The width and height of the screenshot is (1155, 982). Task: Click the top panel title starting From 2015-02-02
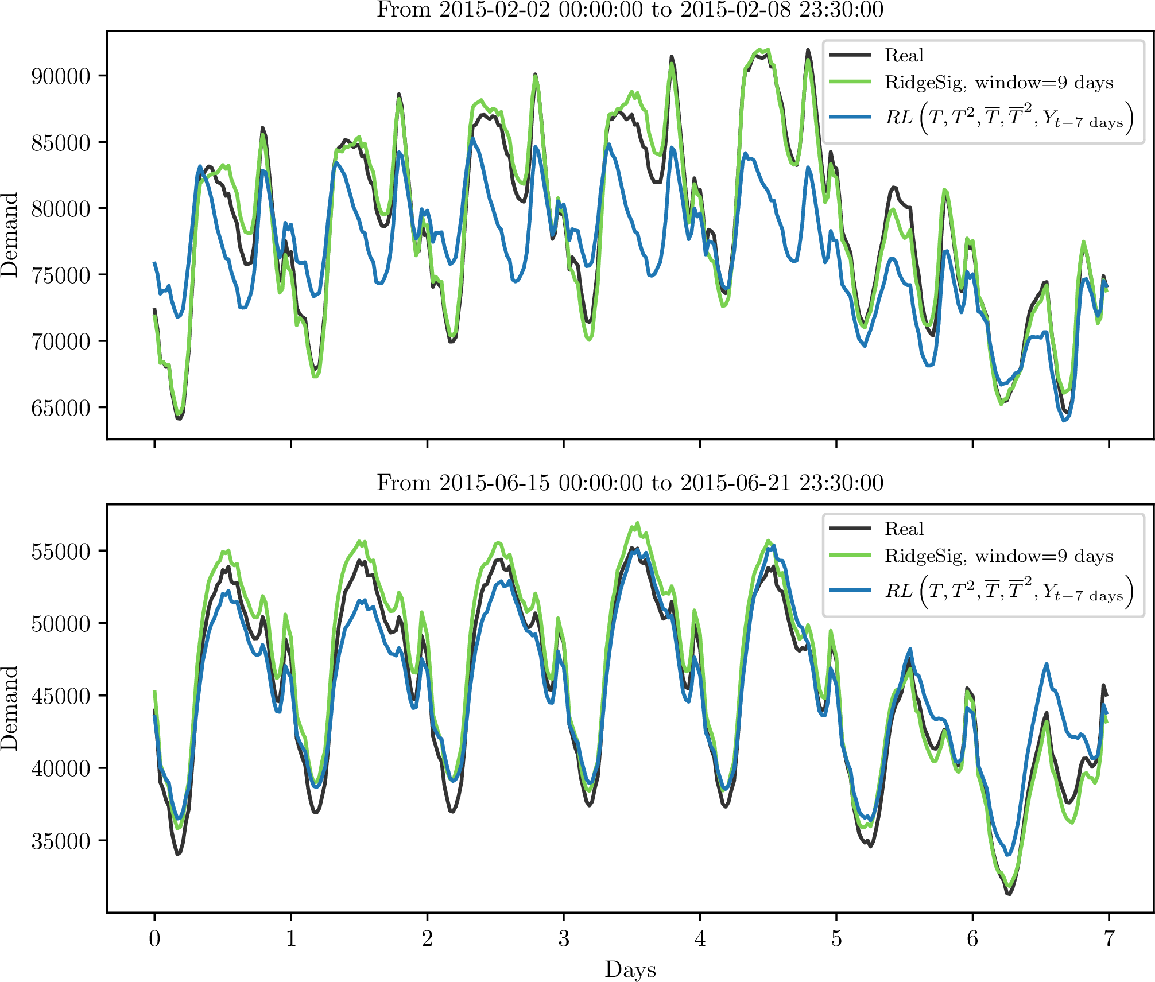(x=630, y=10)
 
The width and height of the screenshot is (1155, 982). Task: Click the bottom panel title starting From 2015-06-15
(x=630, y=483)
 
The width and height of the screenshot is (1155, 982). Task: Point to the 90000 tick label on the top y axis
(x=61, y=76)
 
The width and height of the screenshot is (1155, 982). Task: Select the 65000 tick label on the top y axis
(x=61, y=408)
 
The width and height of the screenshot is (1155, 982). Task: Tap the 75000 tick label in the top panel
(x=61, y=275)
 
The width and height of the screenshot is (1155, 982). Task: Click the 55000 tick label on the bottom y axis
(x=61, y=552)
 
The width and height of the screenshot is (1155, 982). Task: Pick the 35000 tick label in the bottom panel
(x=61, y=841)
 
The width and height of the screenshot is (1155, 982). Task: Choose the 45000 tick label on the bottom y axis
(x=61, y=696)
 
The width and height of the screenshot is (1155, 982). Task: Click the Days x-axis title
(x=630, y=969)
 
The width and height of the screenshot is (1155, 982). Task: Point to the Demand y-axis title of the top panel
(x=10, y=235)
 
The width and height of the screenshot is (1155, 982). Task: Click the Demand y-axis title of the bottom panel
(x=10, y=708)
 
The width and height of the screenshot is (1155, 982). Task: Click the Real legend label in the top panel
(x=904, y=56)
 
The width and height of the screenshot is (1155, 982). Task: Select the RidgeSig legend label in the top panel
(x=999, y=83)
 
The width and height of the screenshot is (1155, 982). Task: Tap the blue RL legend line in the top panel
(x=850, y=117)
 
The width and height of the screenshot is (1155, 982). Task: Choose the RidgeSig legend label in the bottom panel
(x=999, y=556)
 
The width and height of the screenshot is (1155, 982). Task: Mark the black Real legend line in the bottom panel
(x=850, y=529)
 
